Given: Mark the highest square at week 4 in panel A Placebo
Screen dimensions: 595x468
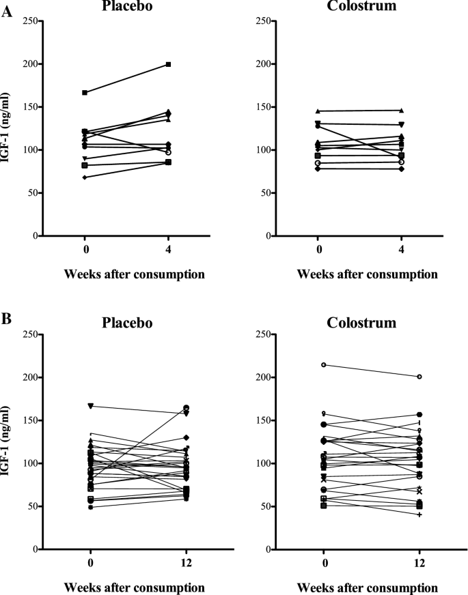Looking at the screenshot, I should [x=168, y=64].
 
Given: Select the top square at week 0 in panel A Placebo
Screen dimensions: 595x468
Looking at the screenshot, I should [x=84, y=93].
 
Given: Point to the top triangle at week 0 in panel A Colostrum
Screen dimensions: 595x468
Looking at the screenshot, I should [x=318, y=111].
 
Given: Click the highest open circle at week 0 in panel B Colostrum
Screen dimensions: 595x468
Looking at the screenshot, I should [x=324, y=365].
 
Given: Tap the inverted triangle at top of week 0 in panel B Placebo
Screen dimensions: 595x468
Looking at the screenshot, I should [x=91, y=406].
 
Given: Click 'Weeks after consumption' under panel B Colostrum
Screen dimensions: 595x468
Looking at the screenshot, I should [x=362, y=587].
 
